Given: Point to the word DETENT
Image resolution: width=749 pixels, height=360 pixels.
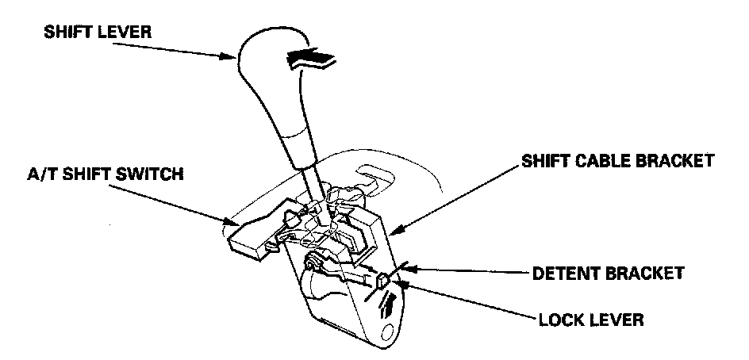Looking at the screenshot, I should [565, 274].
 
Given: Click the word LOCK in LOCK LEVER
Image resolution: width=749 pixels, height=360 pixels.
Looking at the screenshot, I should [560, 321].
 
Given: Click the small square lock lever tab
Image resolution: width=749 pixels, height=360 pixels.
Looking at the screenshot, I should [382, 279].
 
